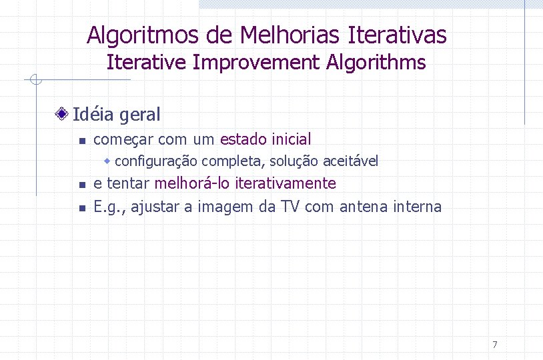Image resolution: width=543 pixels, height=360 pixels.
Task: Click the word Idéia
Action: tap(93, 115)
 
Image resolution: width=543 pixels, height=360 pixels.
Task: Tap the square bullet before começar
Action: tap(80, 141)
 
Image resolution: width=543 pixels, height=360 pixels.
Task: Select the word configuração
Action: tap(156, 161)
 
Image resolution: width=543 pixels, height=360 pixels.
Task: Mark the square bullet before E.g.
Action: tap(80, 208)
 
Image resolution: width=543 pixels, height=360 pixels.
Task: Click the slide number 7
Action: tap(494, 345)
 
